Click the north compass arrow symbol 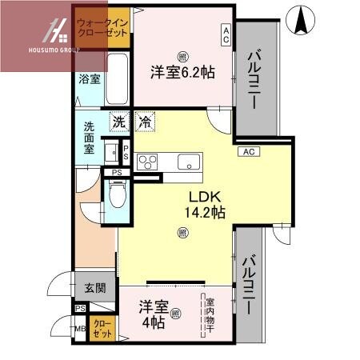(x=302, y=22)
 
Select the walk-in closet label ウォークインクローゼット (x=102, y=29)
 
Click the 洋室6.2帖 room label (x=182, y=72)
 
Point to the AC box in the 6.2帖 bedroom (x=226, y=33)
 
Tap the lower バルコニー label (x=249, y=283)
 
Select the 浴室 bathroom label (x=89, y=79)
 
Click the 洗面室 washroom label (x=89, y=137)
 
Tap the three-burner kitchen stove (x=149, y=162)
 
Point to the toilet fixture (x=117, y=194)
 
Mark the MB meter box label (x=80, y=328)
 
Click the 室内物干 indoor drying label (x=210, y=314)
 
